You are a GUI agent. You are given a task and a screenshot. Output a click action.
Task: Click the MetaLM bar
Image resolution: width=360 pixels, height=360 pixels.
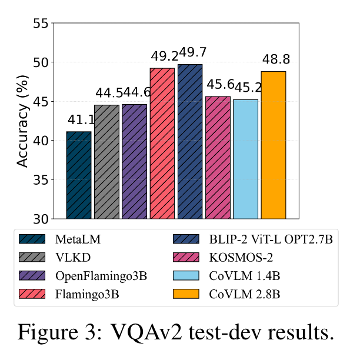pyautogui.click(x=78, y=175)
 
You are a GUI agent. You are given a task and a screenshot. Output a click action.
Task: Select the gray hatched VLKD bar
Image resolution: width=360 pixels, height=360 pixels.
pyautogui.click(x=106, y=162)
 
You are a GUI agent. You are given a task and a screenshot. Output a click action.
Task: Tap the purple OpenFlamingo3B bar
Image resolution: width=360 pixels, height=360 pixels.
pyautogui.click(x=134, y=162)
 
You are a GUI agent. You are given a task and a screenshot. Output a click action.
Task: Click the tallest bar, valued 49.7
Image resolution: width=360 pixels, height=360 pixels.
pyautogui.click(x=189, y=141)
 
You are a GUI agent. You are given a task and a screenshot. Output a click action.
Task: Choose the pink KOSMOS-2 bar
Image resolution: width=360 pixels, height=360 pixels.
pyautogui.click(x=218, y=157)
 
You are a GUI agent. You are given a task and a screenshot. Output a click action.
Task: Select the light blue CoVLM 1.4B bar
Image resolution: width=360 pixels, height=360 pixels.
pyautogui.click(x=245, y=159)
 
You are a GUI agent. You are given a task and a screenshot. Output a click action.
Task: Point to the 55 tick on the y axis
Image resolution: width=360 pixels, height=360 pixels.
pyautogui.click(x=38, y=24)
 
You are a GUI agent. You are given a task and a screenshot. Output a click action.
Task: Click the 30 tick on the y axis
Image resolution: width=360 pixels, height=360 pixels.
pyautogui.click(x=38, y=219)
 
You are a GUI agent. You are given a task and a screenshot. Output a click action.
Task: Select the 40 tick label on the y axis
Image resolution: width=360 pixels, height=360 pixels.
pyautogui.click(x=38, y=141)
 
